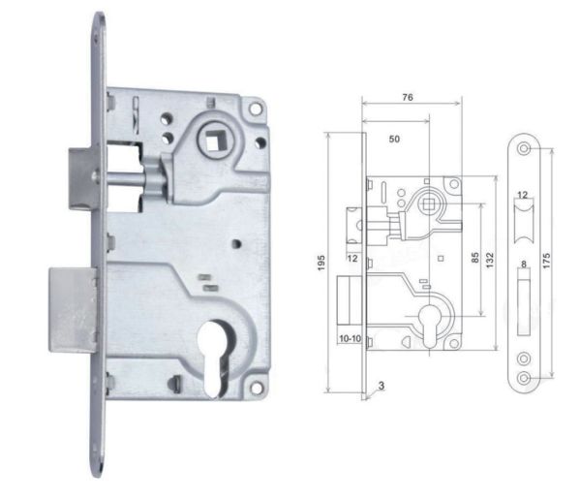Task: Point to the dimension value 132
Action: click(491, 260)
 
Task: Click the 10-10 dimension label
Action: click(349, 338)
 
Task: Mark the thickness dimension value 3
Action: click(382, 385)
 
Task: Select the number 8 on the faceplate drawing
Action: click(524, 264)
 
